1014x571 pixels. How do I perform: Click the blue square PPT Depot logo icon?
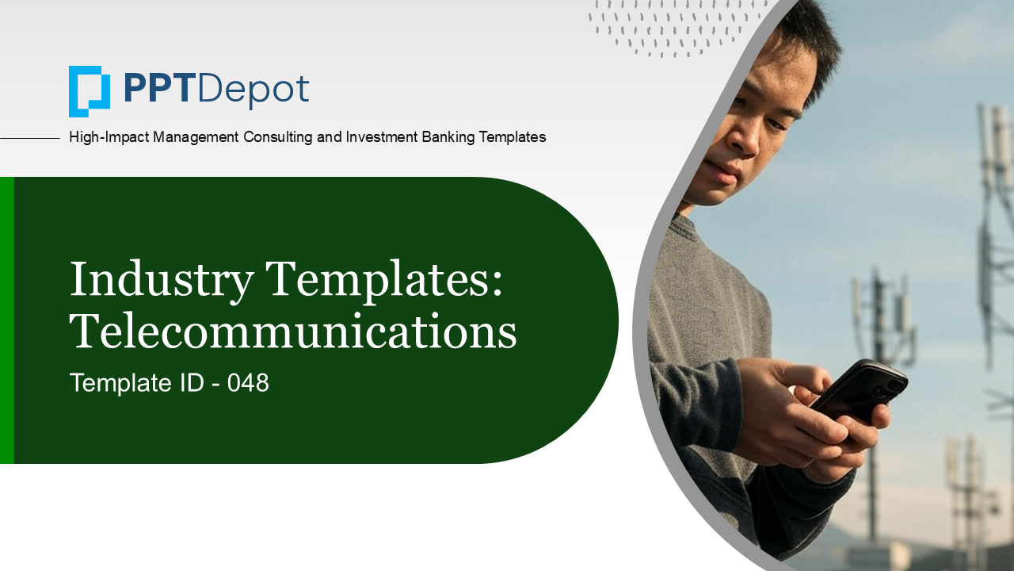tap(90, 91)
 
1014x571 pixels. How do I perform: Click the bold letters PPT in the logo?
tap(158, 89)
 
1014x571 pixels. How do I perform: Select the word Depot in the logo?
tap(253, 90)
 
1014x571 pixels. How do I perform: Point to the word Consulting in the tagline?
tap(278, 137)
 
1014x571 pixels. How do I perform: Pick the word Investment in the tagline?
tap(382, 137)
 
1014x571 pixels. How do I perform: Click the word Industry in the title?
tap(162, 280)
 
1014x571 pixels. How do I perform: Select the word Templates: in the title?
tap(384, 280)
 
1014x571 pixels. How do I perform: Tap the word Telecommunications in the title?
tap(293, 331)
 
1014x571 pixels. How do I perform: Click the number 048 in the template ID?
tap(248, 382)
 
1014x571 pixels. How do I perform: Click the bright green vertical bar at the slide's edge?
tap(7, 320)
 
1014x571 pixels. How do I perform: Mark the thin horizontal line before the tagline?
tap(30, 138)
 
